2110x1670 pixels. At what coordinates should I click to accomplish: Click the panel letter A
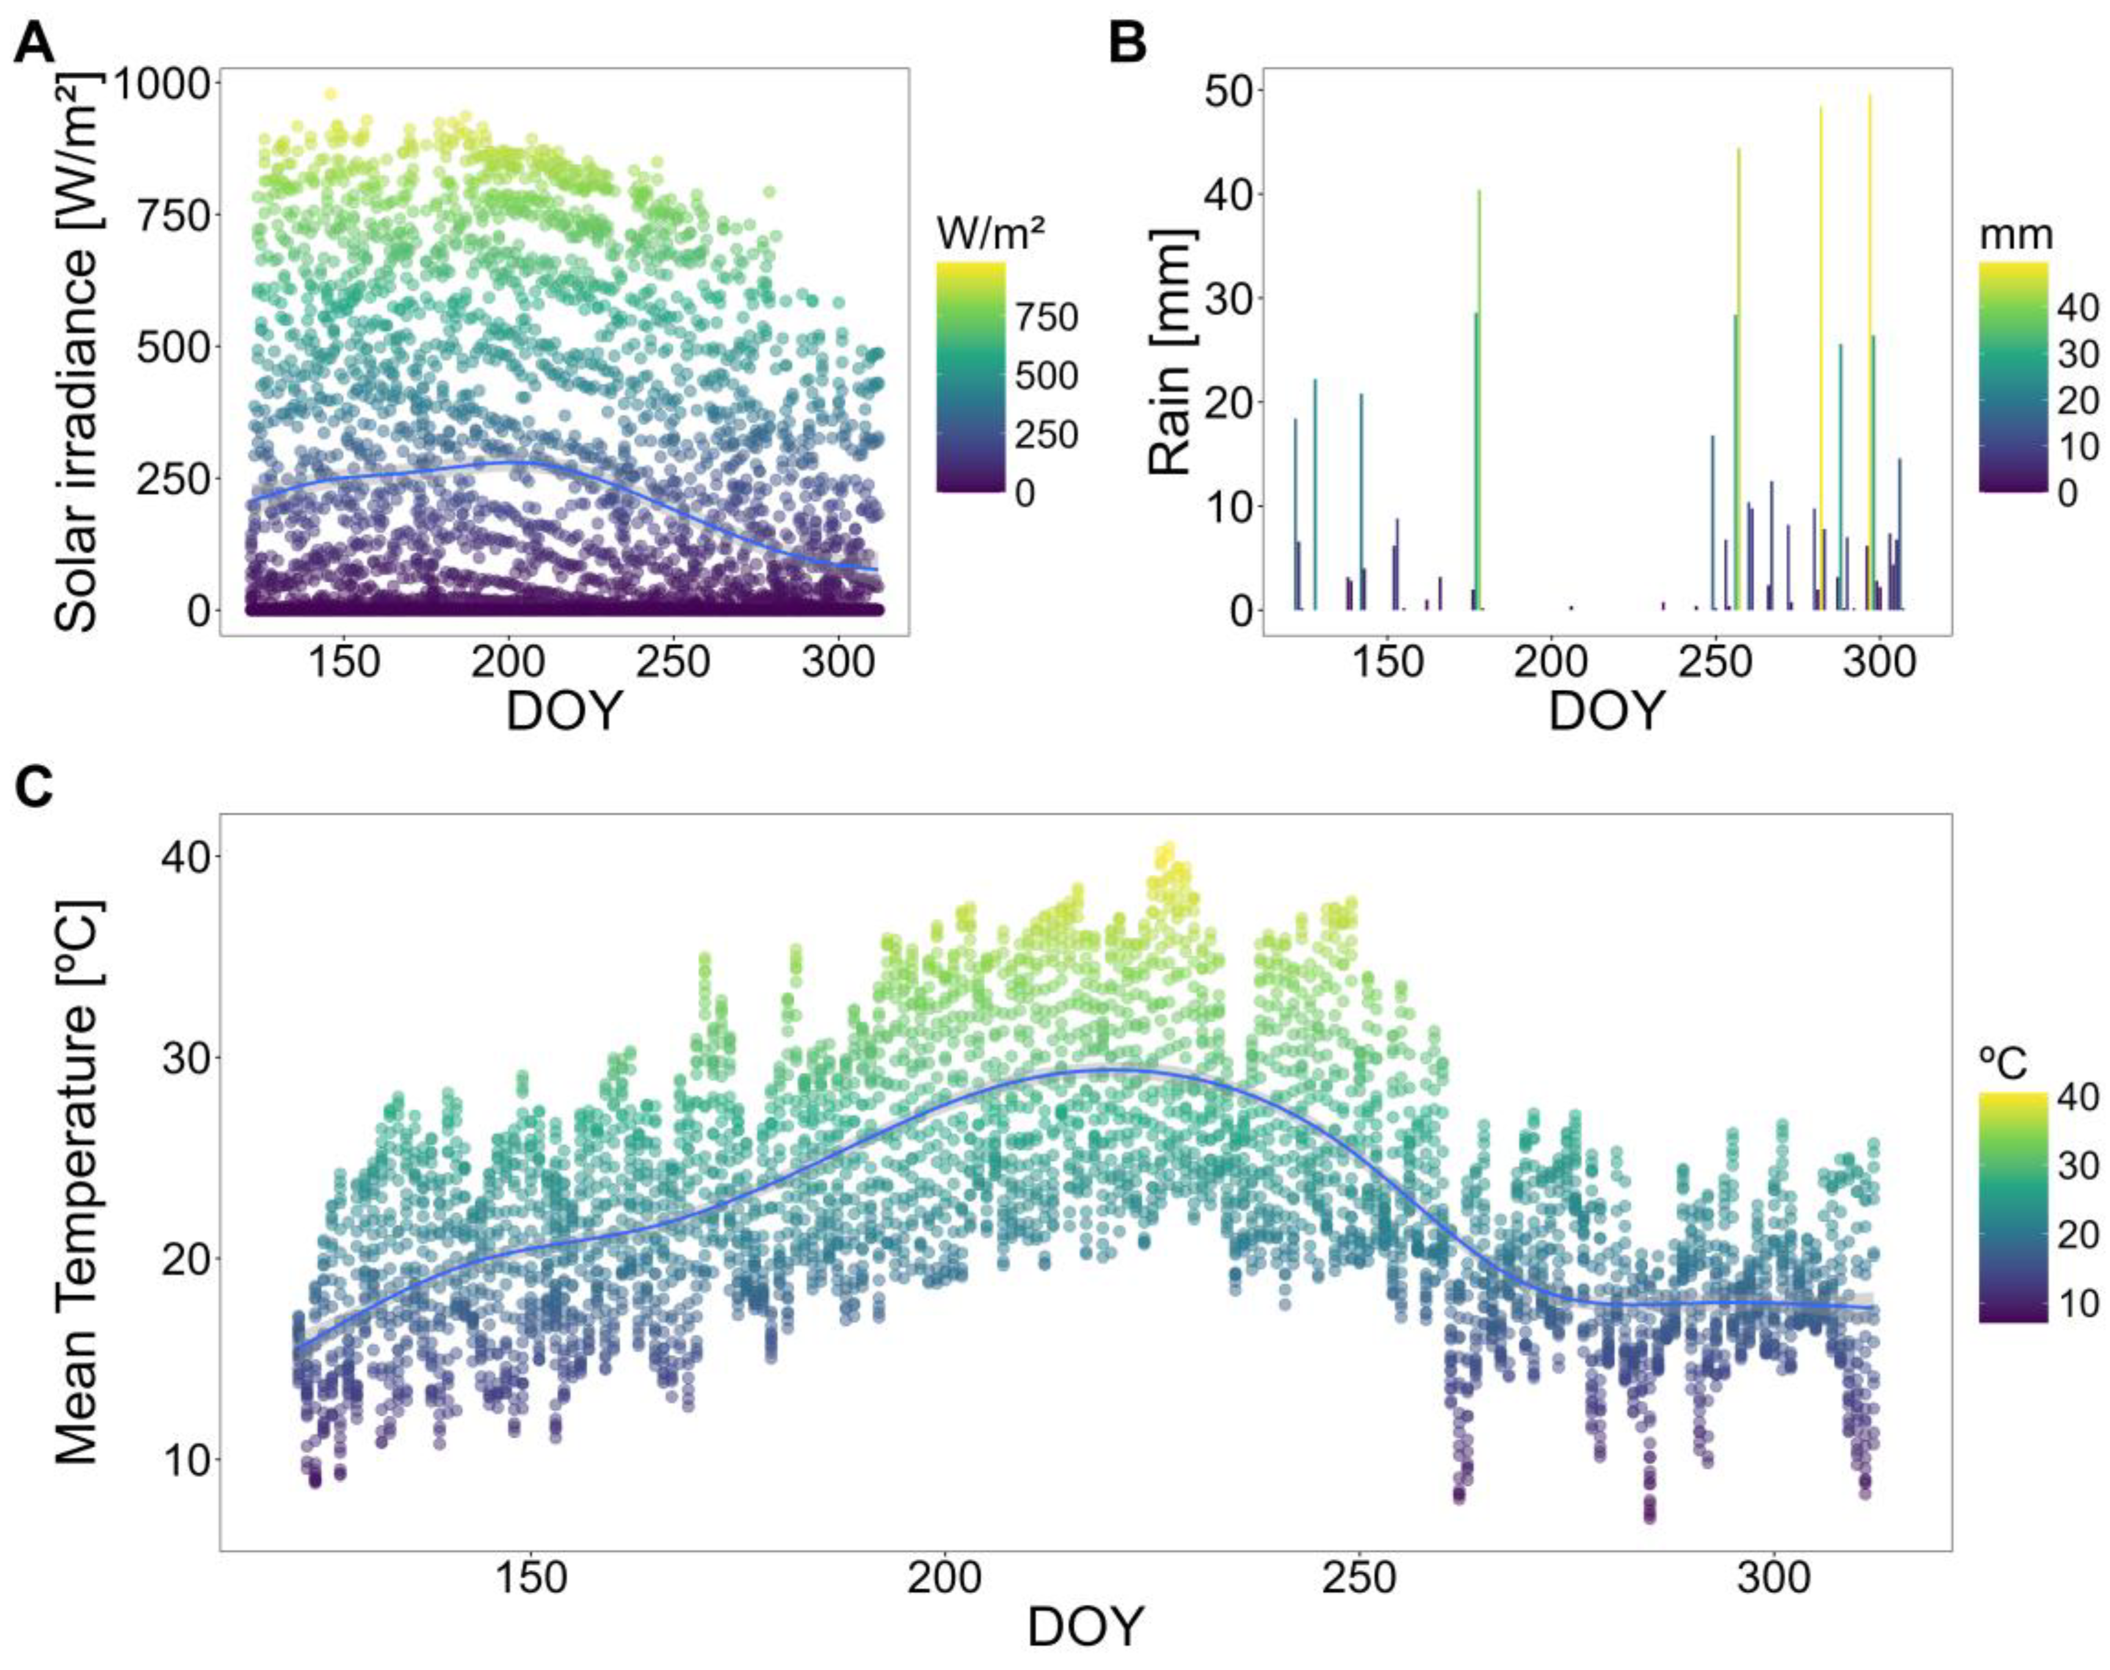[35, 44]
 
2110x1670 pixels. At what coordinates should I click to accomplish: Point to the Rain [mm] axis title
[1172, 352]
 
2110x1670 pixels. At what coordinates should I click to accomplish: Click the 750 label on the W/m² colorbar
[1047, 318]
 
